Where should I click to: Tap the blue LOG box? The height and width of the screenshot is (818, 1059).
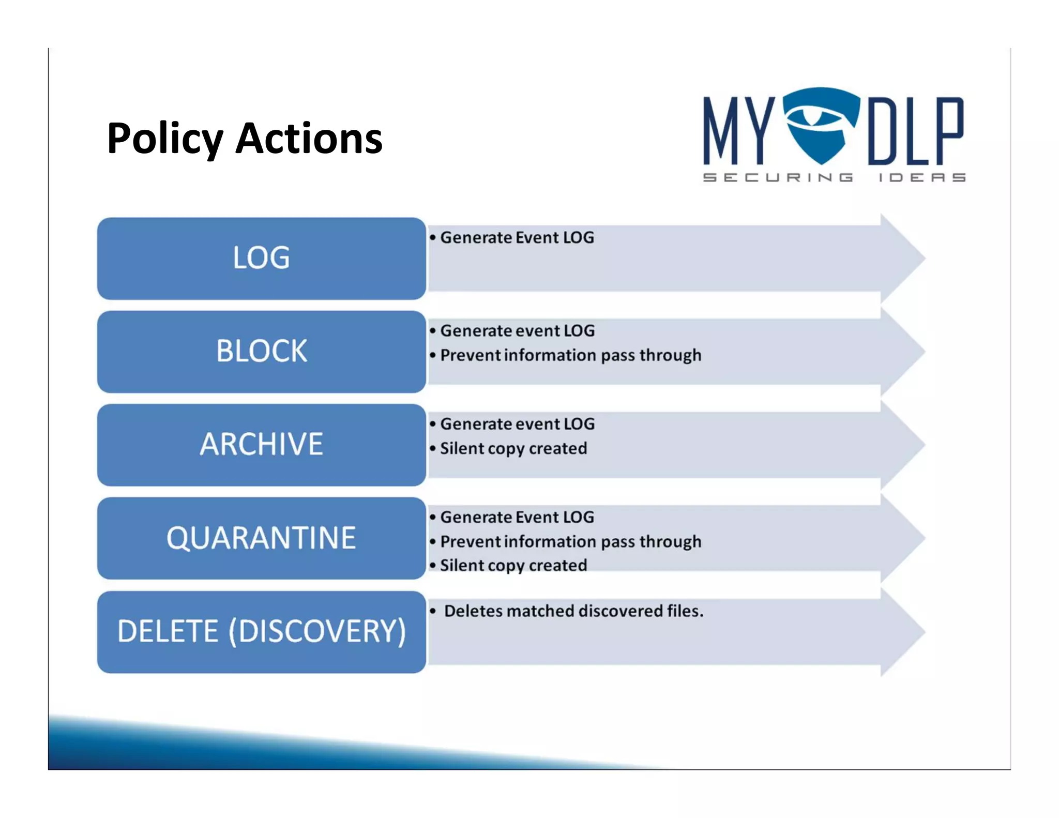[261, 258]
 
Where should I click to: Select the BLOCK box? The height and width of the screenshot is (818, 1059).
[261, 351]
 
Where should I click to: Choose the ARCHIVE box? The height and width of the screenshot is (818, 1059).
[261, 444]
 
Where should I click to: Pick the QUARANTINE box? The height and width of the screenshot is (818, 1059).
[261, 538]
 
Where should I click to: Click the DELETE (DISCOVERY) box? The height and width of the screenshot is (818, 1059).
[261, 631]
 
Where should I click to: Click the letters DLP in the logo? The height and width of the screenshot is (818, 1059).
[915, 131]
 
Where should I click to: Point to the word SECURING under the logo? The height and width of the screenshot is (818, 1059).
[778, 177]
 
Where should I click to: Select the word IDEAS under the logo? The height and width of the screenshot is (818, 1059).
[921, 177]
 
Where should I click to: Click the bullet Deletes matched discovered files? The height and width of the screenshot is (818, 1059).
[573, 611]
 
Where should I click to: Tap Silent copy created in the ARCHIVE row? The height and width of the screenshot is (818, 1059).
[513, 448]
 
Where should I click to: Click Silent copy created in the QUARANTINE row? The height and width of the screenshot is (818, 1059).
[513, 565]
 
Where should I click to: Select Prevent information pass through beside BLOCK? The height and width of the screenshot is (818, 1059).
[570, 355]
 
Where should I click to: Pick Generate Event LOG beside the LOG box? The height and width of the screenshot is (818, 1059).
[517, 237]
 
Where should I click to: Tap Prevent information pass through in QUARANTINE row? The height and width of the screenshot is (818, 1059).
[570, 541]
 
